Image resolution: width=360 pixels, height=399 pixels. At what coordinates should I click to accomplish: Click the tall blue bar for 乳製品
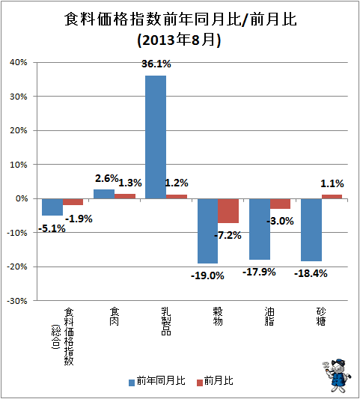156,137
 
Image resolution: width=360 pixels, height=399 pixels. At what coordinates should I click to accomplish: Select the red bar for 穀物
228,210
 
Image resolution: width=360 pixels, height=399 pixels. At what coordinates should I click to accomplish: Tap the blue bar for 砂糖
311,230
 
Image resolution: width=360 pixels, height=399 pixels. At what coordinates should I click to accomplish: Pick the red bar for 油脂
280,204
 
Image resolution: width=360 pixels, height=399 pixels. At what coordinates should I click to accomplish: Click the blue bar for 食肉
104,194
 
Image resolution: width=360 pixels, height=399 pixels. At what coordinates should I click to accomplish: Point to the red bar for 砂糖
332,196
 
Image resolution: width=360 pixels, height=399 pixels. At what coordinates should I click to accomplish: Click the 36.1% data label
156,64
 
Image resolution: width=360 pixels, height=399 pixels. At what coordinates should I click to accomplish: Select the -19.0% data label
207,275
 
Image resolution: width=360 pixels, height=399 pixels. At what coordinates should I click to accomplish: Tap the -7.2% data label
228,235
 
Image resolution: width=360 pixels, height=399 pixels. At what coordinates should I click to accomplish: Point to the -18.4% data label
311,273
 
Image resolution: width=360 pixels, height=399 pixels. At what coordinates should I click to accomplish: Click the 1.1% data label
332,183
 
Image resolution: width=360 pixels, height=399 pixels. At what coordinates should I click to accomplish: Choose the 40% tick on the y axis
19,62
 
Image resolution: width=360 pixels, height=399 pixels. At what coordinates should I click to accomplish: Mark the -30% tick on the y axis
17,301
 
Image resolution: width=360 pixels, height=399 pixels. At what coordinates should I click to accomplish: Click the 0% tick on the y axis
22,198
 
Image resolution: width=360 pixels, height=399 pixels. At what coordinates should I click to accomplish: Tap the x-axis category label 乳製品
166,321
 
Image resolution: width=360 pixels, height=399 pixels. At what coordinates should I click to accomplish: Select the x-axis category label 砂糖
321,317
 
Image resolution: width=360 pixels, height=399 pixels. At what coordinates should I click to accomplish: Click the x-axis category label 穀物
218,317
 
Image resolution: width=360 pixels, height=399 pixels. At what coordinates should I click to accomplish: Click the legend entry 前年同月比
157,381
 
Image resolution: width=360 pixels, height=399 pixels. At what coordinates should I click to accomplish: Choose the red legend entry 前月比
215,381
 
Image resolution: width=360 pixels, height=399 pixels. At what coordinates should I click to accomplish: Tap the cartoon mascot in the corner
336,375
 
